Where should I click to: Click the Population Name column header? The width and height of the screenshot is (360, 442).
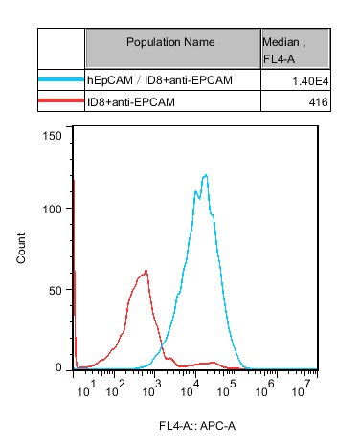click(x=170, y=42)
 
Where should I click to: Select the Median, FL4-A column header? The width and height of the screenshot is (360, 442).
click(x=283, y=51)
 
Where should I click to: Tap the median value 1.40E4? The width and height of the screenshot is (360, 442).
click(x=310, y=81)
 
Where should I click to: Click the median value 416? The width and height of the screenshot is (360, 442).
click(x=318, y=102)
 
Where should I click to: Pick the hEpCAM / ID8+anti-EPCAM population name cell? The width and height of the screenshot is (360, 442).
click(x=160, y=80)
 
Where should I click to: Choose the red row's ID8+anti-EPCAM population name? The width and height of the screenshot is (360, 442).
click(x=131, y=102)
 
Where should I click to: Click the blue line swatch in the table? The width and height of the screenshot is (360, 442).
click(x=61, y=79)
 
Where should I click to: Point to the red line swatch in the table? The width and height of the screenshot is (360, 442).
click(x=61, y=100)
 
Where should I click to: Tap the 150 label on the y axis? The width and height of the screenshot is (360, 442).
click(x=52, y=136)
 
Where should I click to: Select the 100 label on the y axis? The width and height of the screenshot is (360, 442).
click(x=52, y=210)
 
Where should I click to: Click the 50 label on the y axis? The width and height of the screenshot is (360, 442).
click(x=56, y=291)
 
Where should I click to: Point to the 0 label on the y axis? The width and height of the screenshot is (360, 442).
click(x=58, y=367)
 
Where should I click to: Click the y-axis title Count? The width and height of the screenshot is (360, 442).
click(x=21, y=249)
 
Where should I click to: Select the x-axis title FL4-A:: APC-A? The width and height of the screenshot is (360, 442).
click(x=197, y=426)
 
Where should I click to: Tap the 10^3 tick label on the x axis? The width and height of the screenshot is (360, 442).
click(x=152, y=388)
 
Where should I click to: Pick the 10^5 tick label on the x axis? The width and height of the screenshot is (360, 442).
click(x=227, y=388)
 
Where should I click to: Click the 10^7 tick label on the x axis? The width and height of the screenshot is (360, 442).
click(x=302, y=388)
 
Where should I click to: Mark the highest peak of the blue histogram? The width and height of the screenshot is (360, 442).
click(x=206, y=175)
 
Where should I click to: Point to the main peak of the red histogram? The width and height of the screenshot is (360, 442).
click(x=146, y=271)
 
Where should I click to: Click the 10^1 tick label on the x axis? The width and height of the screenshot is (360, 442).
click(x=86, y=388)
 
